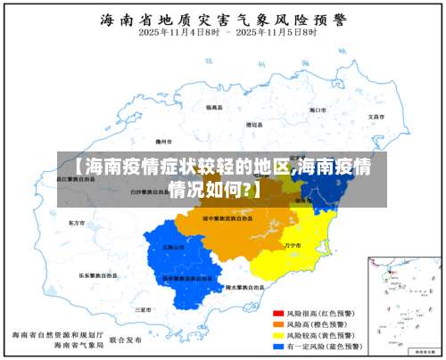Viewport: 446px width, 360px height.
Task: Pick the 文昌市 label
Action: [376, 117]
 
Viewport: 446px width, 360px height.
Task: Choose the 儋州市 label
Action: [162, 141]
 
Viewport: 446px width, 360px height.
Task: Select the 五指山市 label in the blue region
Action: [173, 247]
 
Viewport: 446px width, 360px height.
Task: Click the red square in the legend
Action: [277, 315]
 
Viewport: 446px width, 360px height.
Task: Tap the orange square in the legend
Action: [277, 324]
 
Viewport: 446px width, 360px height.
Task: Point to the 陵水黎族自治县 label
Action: [244, 287]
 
